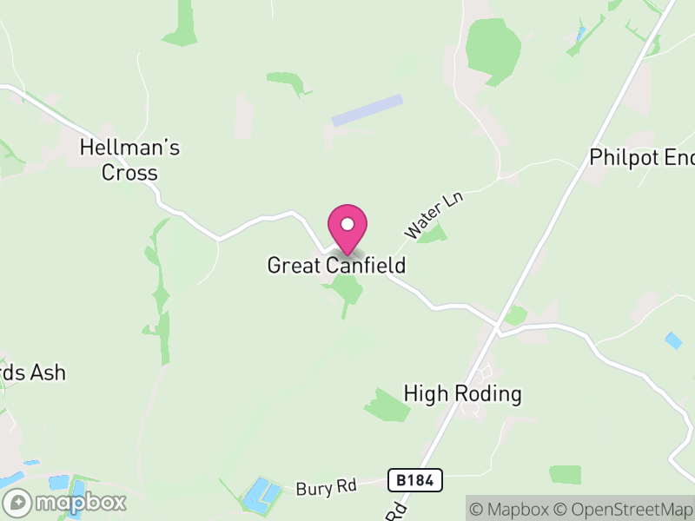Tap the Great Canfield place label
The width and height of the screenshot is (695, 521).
pyautogui.click(x=336, y=265)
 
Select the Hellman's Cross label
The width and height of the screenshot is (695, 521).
pyautogui.click(x=129, y=160)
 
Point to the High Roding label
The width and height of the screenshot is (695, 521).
pyautogui.click(x=462, y=394)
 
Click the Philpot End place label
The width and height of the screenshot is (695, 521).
pyautogui.click(x=641, y=157)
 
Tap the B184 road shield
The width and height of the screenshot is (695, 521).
pyautogui.click(x=415, y=479)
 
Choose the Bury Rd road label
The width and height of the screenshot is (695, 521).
pyautogui.click(x=326, y=486)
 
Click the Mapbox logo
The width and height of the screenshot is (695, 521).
pyautogui.click(x=66, y=502)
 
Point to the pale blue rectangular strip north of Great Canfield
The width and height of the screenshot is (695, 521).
pyautogui.click(x=368, y=111)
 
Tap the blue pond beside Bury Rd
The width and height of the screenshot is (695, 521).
pyautogui.click(x=261, y=493)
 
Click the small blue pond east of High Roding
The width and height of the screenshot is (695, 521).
pyautogui.click(x=673, y=340)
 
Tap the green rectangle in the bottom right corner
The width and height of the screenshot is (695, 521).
pyautogui.click(x=565, y=474)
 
